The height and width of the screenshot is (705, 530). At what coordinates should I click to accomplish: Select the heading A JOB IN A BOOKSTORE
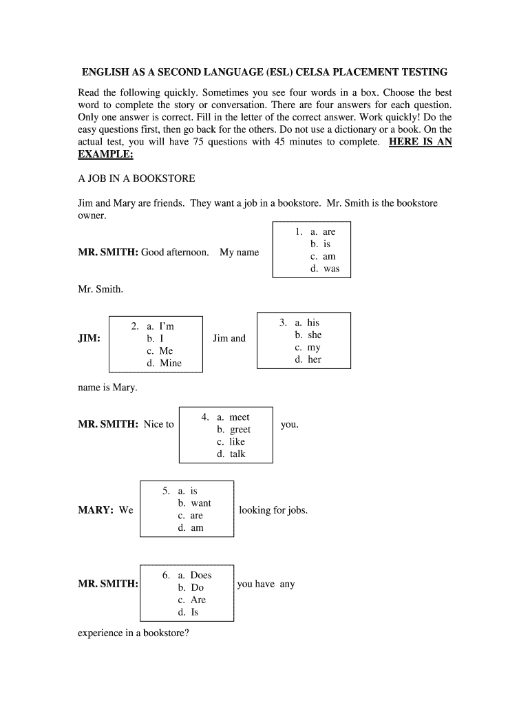[x=136, y=178]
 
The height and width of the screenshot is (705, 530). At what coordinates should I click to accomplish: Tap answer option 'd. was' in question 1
[x=324, y=269]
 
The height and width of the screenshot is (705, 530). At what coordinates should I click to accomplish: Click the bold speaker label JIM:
[x=89, y=339]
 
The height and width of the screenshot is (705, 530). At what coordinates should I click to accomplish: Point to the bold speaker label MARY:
[x=96, y=510]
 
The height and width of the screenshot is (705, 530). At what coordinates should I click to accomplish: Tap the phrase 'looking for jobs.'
[x=273, y=510]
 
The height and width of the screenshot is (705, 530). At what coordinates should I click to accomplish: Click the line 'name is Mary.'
[x=107, y=388]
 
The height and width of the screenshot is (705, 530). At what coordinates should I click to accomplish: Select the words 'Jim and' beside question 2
[x=229, y=338]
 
